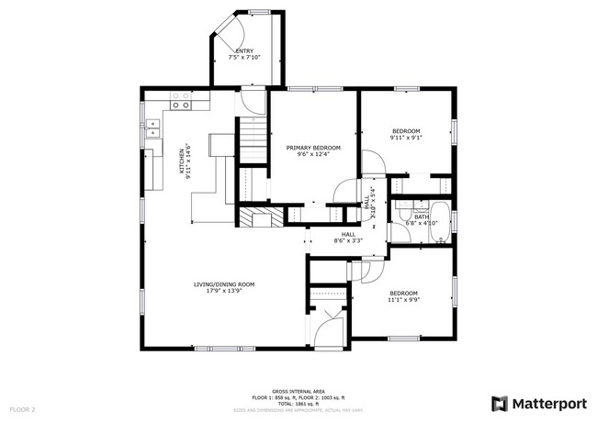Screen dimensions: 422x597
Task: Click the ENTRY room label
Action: (244, 50)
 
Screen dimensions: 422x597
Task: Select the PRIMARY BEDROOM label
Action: (312, 148)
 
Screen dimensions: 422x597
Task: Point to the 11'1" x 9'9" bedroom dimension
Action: (403, 299)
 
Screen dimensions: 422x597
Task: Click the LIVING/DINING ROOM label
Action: (223, 284)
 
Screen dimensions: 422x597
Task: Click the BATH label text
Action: (421, 217)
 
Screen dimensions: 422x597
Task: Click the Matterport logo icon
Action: (501, 403)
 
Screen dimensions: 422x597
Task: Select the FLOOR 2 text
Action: (22, 408)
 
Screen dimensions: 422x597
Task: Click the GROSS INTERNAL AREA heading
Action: (298, 391)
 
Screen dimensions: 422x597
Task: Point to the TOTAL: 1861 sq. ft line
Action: (298, 404)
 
